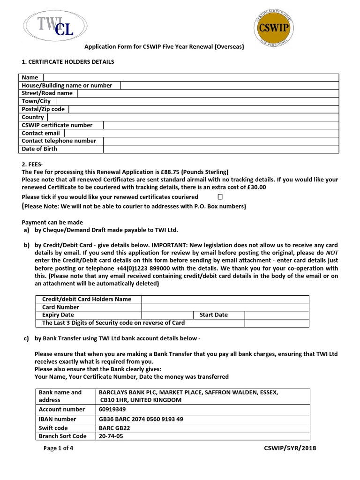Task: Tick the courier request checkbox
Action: point(220,197)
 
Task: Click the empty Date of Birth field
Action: point(221,149)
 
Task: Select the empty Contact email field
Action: point(221,133)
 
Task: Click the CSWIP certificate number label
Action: point(57,125)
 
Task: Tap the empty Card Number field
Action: point(225,307)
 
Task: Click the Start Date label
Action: point(213,315)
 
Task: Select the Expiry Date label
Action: point(58,315)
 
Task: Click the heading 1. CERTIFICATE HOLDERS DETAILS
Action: point(68,62)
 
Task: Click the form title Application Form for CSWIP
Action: point(164,47)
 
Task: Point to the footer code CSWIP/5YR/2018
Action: point(290,448)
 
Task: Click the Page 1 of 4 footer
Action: point(58,448)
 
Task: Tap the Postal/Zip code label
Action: point(43,109)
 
